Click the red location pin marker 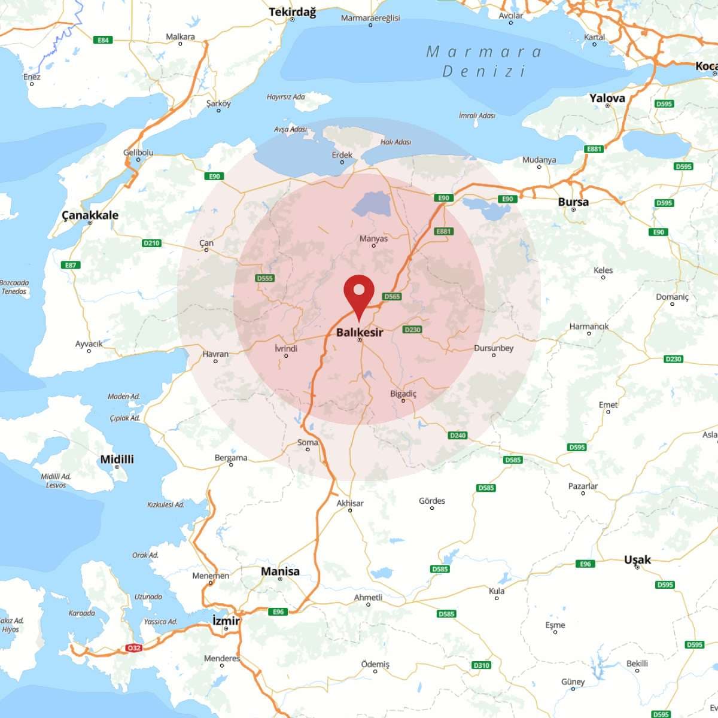359,294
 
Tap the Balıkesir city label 359,332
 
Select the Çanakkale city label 90,215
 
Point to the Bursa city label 573,202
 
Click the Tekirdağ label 292,12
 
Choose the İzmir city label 226,621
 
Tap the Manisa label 280,571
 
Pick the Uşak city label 637,559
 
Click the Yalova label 607,98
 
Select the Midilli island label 117,460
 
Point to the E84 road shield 104,40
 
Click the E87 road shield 71,265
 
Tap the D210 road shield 151,243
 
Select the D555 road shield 264,278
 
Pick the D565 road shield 392,296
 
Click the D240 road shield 457,436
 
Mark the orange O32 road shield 133,648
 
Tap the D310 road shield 481,665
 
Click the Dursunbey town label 494,348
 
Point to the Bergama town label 231,458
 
